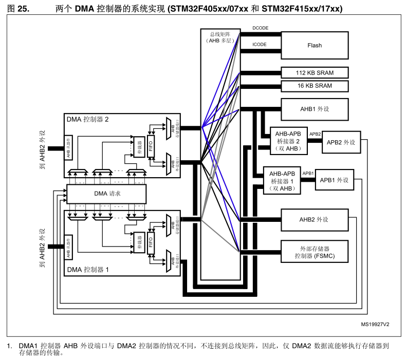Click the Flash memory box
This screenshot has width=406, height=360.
pyautogui.click(x=315, y=45)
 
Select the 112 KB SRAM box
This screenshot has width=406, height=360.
pyautogui.click(x=315, y=73)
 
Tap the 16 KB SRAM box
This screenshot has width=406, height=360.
pyautogui.click(x=315, y=86)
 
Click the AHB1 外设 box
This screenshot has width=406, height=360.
pyautogui.click(x=315, y=109)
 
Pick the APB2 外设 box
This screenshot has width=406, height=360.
pyautogui.click(x=341, y=142)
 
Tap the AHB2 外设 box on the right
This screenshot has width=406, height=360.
pyautogui.click(x=314, y=219)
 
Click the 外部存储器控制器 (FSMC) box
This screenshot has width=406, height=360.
pyautogui.click(x=315, y=252)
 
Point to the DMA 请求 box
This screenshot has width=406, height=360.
pyautogui.click(x=107, y=194)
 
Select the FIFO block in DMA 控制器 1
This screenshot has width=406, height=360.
pyautogui.click(x=151, y=240)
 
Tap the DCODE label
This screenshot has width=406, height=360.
pyautogui.click(x=260, y=28)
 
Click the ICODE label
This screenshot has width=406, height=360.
pyautogui.click(x=260, y=44)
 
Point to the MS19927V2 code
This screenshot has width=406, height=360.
pyautogui.click(x=375, y=325)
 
